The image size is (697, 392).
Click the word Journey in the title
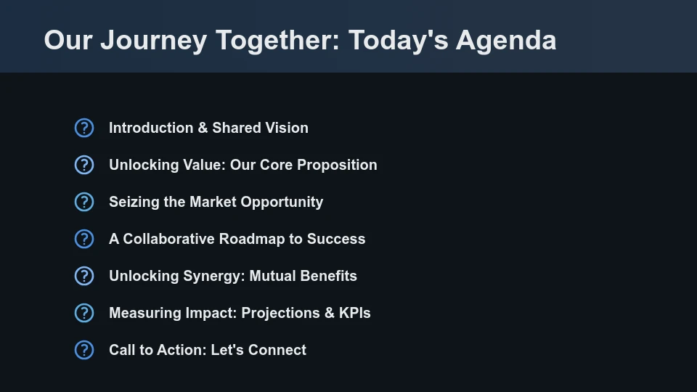153,40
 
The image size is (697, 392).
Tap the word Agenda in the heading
506,40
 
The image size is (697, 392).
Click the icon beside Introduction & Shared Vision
84,128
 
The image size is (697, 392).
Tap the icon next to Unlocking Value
84,165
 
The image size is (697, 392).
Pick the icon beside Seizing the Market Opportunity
84,202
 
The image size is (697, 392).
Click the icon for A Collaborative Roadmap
84,239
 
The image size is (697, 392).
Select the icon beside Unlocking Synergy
84,276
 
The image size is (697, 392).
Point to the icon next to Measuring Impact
84,313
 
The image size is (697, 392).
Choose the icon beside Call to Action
84,350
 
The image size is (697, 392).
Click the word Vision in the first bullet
286,128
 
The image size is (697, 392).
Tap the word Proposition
337,165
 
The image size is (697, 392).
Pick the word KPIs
354,313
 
